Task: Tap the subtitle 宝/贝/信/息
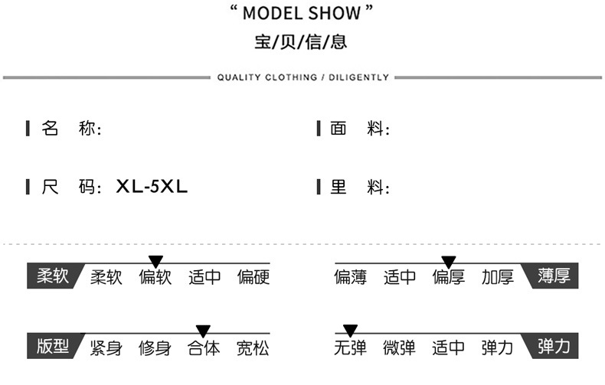(301, 42)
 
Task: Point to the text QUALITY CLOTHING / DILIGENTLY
(302, 77)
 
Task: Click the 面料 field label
(359, 129)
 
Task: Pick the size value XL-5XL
(152, 187)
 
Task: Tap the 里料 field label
(359, 187)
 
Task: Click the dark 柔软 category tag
(51, 276)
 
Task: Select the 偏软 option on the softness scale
(155, 277)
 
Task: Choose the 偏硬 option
(253, 277)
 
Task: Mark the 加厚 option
(498, 277)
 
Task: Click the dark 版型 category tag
(51, 347)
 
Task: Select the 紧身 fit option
(106, 347)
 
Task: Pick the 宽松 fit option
(253, 347)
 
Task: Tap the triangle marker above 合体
(203, 331)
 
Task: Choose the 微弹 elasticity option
(400, 347)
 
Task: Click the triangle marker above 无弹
(350, 331)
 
